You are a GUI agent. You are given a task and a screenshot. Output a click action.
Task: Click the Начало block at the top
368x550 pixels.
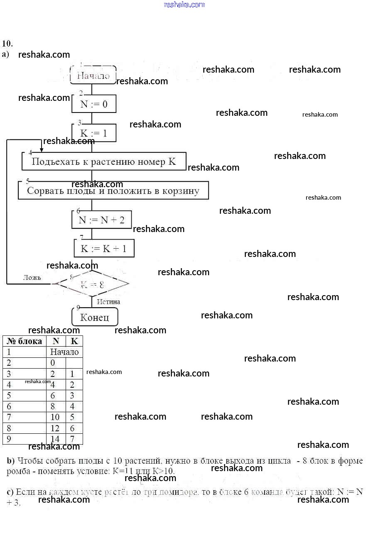click(x=93, y=76)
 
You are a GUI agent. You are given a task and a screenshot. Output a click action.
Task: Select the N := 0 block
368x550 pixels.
click(x=93, y=104)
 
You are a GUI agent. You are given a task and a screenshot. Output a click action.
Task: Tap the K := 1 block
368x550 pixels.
click(x=93, y=133)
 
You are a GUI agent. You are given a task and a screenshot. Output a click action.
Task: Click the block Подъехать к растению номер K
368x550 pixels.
click(x=104, y=161)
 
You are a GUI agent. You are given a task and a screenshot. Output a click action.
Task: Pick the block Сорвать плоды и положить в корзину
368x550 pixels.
click(x=113, y=191)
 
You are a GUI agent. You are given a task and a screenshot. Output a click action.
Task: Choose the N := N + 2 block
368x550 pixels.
click(x=101, y=220)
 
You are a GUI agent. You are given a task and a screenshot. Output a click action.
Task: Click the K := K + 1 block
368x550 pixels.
click(x=104, y=249)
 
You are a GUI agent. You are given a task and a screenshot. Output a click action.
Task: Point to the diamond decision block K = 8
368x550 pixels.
click(x=92, y=284)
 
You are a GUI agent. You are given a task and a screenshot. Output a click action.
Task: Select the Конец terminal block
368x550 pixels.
click(x=95, y=318)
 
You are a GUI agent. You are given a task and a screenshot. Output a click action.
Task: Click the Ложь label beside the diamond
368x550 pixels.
click(x=32, y=277)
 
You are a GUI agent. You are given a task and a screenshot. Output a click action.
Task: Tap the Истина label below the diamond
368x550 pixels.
click(x=108, y=302)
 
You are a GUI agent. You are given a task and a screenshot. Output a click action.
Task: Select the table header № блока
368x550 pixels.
click(x=25, y=341)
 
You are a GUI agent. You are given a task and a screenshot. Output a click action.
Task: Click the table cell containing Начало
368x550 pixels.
click(x=64, y=352)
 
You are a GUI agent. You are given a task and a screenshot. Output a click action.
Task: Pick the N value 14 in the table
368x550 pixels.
click(x=55, y=439)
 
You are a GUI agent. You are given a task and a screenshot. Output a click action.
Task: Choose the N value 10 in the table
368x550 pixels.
click(x=55, y=417)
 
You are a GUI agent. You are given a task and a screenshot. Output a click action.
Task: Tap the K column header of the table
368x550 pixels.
click(x=74, y=341)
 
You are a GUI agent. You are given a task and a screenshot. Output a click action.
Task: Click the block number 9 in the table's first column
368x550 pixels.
click(x=9, y=439)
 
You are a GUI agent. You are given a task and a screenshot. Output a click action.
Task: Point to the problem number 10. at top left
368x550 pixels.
click(x=7, y=44)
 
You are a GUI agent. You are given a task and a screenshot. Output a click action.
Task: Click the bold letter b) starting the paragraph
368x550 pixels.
click(x=11, y=461)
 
